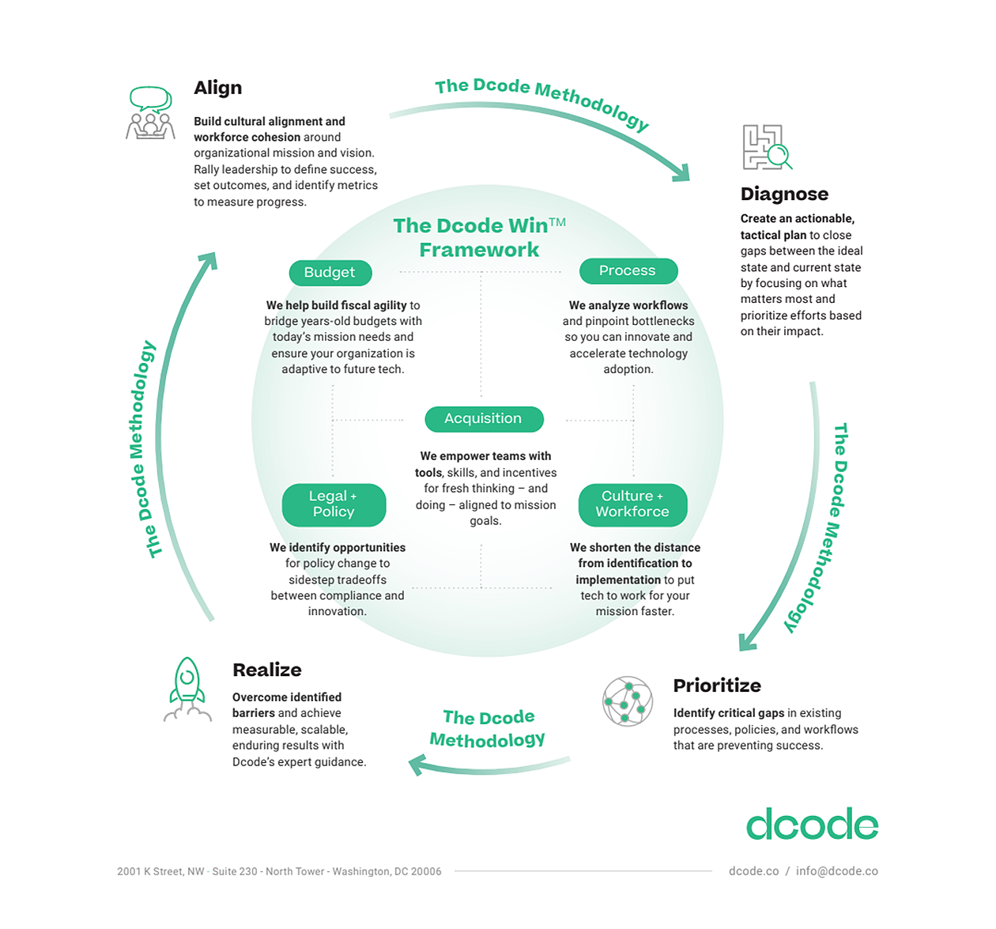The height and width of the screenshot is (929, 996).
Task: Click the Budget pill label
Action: [330, 273]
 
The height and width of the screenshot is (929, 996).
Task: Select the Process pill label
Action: [628, 271]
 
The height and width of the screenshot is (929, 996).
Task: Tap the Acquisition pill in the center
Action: [483, 419]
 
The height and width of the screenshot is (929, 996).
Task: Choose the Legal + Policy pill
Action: [334, 504]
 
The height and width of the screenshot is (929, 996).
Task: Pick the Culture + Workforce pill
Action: [632, 504]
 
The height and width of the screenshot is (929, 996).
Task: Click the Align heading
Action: [218, 88]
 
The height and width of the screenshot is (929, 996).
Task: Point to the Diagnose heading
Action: [784, 194]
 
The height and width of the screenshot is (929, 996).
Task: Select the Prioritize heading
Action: [717, 685]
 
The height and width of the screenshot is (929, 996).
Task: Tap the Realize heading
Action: [267, 670]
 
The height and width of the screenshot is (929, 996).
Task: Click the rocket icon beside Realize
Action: [187, 688]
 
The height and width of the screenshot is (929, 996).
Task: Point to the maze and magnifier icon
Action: [766, 147]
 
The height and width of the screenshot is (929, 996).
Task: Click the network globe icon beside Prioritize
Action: [628, 701]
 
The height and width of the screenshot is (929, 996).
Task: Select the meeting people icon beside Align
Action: [150, 113]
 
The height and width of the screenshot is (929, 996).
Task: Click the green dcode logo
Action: [812, 825]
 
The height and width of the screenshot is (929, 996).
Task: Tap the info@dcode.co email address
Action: [837, 871]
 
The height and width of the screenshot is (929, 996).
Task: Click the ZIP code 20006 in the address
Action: [426, 872]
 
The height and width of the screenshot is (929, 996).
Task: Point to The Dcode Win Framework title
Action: [479, 237]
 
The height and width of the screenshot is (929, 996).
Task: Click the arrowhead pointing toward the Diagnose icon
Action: [681, 171]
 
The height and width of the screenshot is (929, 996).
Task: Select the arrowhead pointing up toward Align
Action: [209, 260]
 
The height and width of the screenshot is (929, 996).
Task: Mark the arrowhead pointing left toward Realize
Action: [417, 765]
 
